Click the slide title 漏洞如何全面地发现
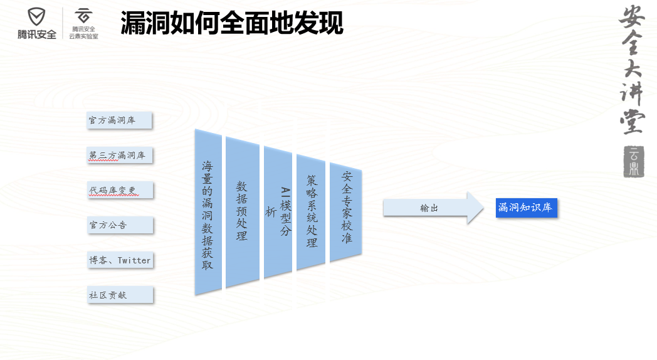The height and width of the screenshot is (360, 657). (x=232, y=23)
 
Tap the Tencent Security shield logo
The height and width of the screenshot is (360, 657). (x=36, y=17)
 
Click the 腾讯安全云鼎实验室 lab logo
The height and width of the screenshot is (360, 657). (x=83, y=24)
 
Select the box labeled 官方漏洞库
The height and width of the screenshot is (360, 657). (x=119, y=120)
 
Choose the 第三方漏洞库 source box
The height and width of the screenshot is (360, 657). (x=119, y=155)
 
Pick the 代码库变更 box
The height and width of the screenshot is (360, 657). (x=120, y=190)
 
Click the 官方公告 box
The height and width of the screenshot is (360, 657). (x=120, y=225)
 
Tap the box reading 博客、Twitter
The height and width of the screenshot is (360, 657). (x=120, y=260)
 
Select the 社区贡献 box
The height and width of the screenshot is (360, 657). (x=120, y=295)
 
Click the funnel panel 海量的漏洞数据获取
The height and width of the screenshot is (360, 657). (x=208, y=212)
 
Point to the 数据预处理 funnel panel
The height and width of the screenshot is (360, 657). (x=242, y=212)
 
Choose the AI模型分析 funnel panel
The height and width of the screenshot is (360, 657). (x=278, y=212)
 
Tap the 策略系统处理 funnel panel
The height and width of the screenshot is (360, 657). (x=311, y=212)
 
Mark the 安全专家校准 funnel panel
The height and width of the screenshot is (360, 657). (x=345, y=212)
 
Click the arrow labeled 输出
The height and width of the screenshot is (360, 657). (x=434, y=208)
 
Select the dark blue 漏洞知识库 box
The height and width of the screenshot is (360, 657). (x=526, y=208)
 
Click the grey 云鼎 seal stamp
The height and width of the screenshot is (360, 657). (x=634, y=162)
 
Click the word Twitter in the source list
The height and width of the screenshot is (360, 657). (x=134, y=260)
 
